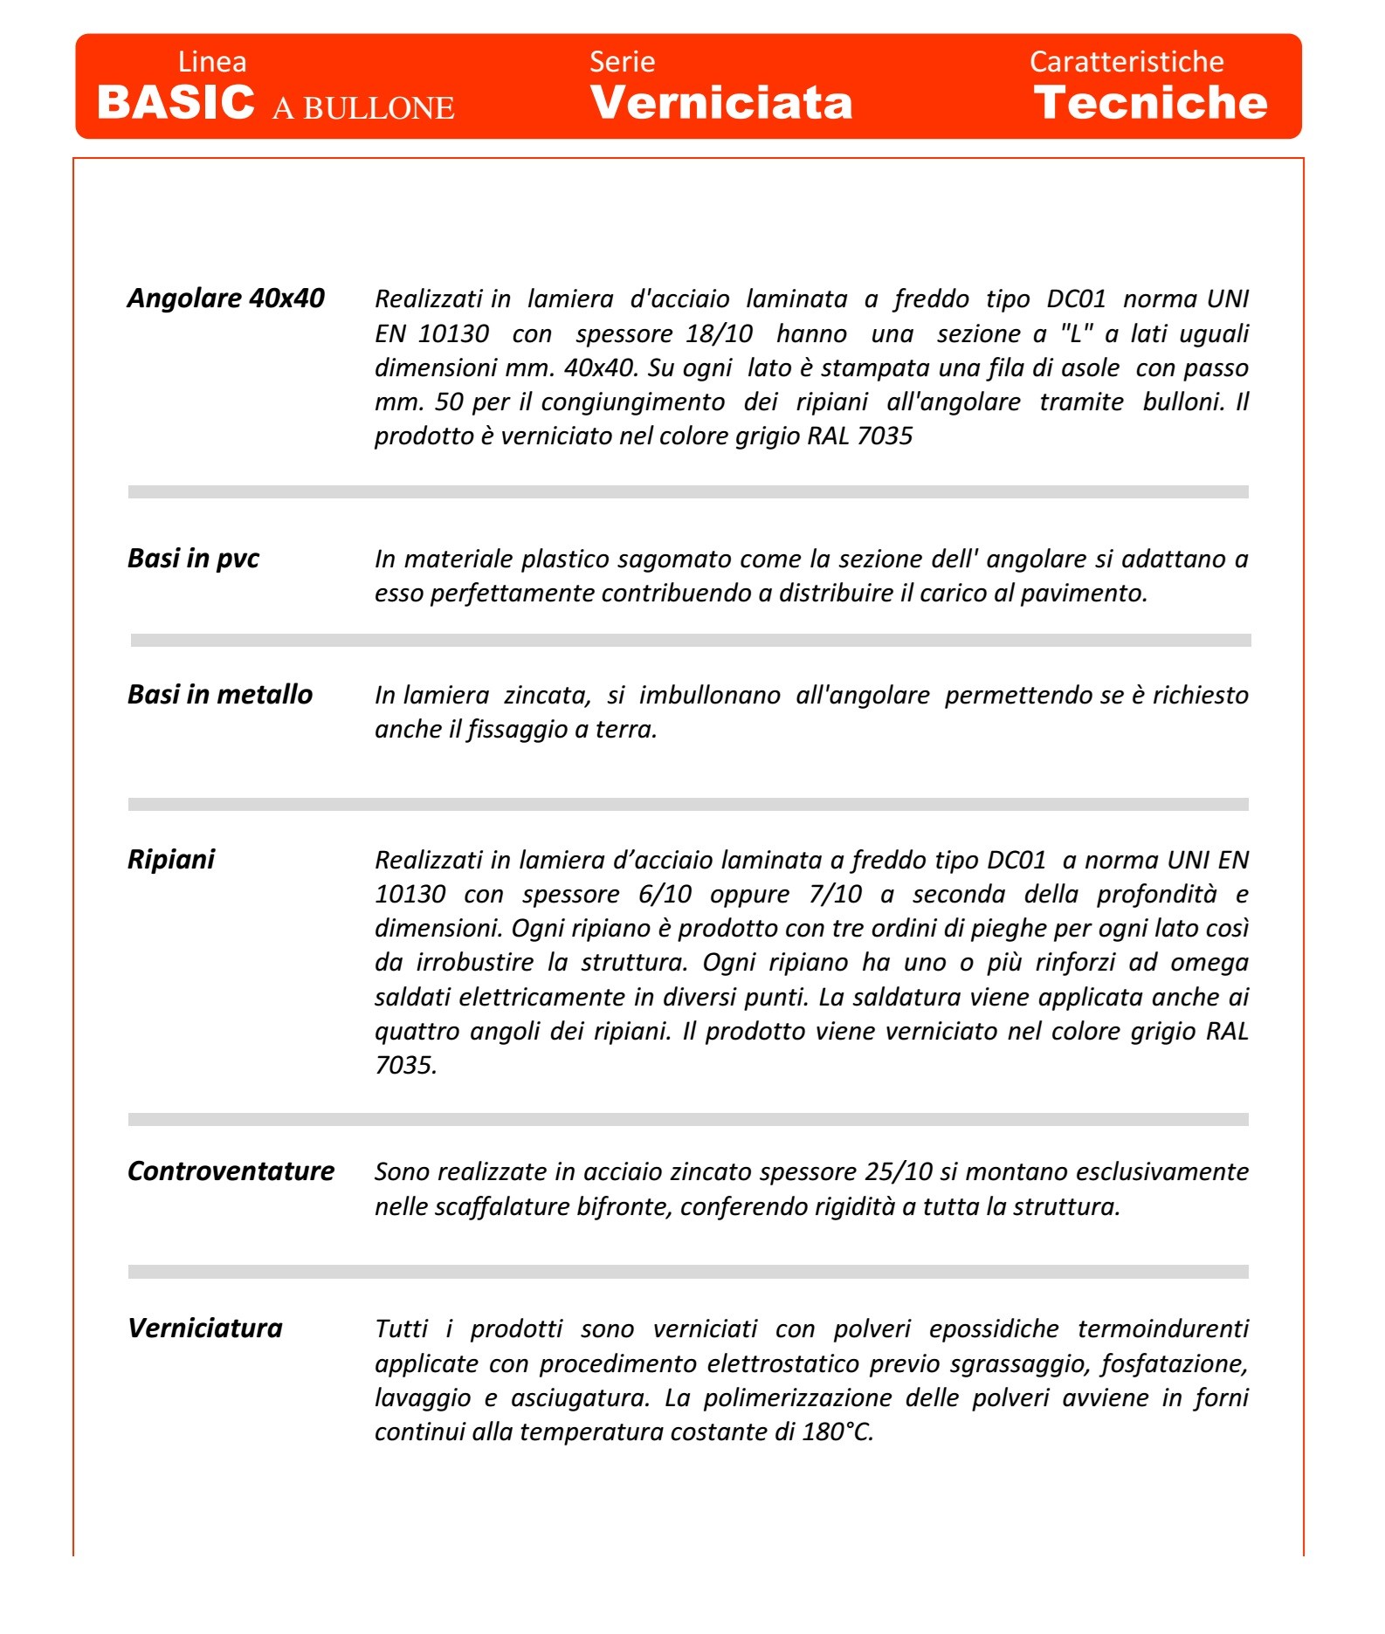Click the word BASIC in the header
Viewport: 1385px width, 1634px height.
click(x=176, y=103)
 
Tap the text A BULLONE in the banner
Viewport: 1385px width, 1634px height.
click(x=363, y=108)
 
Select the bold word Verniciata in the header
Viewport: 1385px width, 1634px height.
click(x=721, y=103)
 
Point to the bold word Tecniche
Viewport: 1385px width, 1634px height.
click(x=1150, y=103)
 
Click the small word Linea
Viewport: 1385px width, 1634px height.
click(x=212, y=62)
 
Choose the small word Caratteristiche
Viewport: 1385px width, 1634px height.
click(x=1127, y=62)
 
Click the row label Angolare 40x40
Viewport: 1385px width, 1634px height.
click(x=226, y=299)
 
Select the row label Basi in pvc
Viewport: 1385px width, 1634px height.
click(x=193, y=559)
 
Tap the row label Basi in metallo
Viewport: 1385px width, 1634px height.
click(x=220, y=695)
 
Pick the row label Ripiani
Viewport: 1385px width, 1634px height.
click(x=171, y=860)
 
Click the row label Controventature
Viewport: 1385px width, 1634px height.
click(x=231, y=1171)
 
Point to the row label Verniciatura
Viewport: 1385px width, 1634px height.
click(x=205, y=1328)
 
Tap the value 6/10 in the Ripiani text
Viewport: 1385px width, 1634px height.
click(x=665, y=895)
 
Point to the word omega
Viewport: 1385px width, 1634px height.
click(x=1209, y=963)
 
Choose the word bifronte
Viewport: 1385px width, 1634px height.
click(x=624, y=1207)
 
